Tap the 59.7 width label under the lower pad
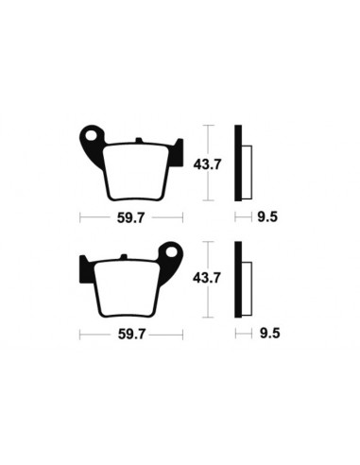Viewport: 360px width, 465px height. pos(130,334)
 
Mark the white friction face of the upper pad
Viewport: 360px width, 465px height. pos(131,170)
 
